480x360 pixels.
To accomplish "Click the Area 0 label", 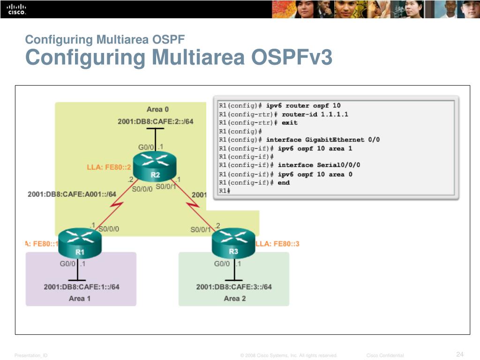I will [157, 109].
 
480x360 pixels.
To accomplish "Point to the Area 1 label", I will [79, 298].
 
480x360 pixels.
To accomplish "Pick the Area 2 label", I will [234, 298].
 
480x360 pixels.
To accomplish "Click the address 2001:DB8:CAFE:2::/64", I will [155, 121].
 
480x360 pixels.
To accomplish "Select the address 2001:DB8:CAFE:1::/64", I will [82, 287].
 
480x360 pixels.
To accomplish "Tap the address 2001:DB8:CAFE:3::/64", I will [234, 287].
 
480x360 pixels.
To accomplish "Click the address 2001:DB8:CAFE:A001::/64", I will [72, 194].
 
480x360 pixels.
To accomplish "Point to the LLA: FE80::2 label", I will [109, 167].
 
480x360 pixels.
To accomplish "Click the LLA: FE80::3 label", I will [277, 244].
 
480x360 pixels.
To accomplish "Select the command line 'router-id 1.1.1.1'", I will [315, 114].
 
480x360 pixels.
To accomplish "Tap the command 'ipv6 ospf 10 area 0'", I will [315, 174].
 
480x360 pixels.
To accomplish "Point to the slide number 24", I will [459, 353].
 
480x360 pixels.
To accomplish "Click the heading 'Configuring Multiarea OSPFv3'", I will [179, 58].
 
